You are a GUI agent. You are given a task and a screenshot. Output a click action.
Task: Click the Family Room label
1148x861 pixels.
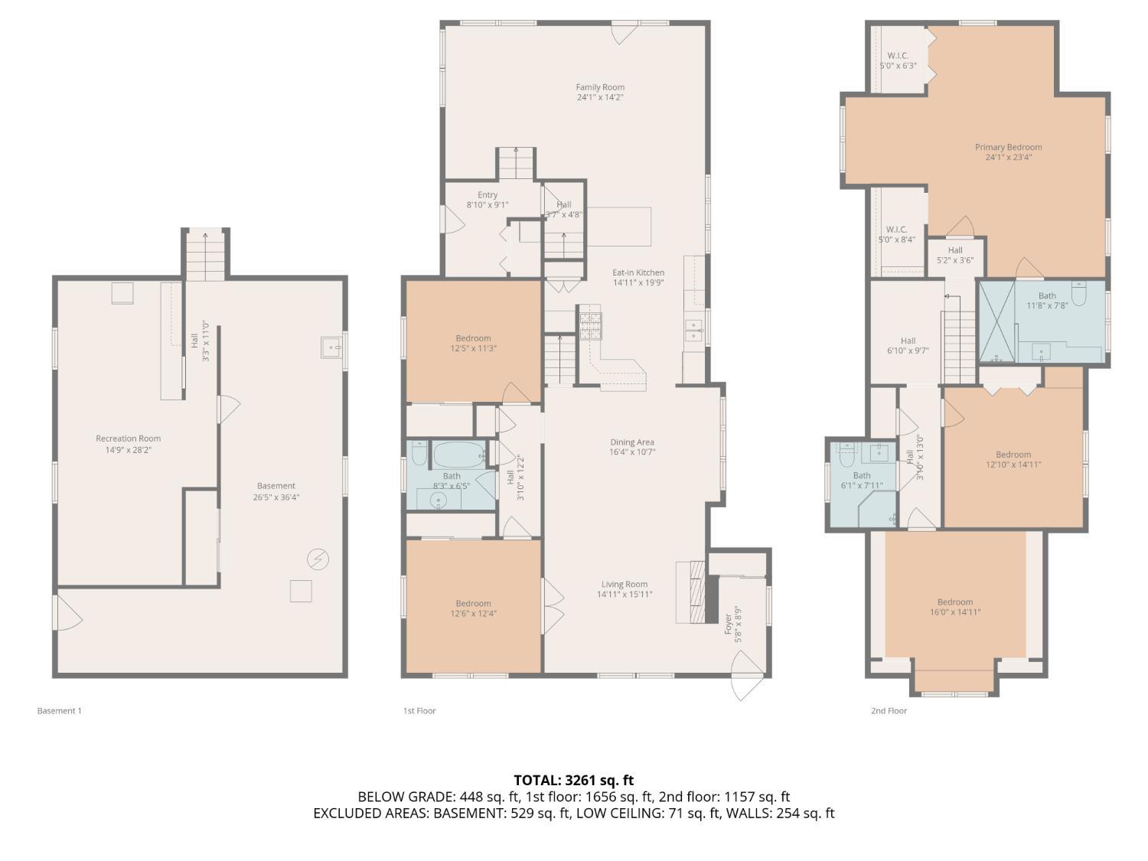600,87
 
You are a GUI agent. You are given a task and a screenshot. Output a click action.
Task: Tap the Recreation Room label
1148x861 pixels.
128,439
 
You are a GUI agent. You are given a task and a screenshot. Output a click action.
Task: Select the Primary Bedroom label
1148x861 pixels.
1008,148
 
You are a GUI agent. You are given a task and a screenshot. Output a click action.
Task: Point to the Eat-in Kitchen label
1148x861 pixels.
638,272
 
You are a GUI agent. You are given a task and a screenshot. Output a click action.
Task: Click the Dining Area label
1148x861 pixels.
632,442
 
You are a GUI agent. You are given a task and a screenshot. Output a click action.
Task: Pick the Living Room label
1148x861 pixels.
625,585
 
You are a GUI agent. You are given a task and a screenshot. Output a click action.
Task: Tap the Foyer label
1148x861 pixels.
728,625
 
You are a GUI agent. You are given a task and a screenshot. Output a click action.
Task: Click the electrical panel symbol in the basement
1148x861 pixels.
318,559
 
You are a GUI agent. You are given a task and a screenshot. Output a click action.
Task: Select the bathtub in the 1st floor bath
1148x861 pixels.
459,455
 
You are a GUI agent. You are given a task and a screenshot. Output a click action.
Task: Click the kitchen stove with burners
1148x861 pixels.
590,326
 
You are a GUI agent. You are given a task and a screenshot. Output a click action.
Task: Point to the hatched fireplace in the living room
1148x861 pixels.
698,592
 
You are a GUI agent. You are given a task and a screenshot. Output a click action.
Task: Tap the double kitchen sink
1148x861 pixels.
694,331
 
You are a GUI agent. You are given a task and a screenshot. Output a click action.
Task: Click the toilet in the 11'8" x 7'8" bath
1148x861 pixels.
1078,293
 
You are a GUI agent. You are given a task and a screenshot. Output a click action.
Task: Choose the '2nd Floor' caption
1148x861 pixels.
889,711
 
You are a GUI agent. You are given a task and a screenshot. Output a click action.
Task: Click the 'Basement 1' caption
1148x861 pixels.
59,711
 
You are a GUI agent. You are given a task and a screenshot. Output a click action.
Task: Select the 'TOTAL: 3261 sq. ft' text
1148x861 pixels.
574,781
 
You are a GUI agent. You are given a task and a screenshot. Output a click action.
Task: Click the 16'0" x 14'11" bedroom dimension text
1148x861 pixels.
955,612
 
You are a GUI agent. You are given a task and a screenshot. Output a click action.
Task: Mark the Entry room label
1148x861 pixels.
488,195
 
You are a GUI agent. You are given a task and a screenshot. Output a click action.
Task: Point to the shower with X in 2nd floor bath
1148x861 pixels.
997,321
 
